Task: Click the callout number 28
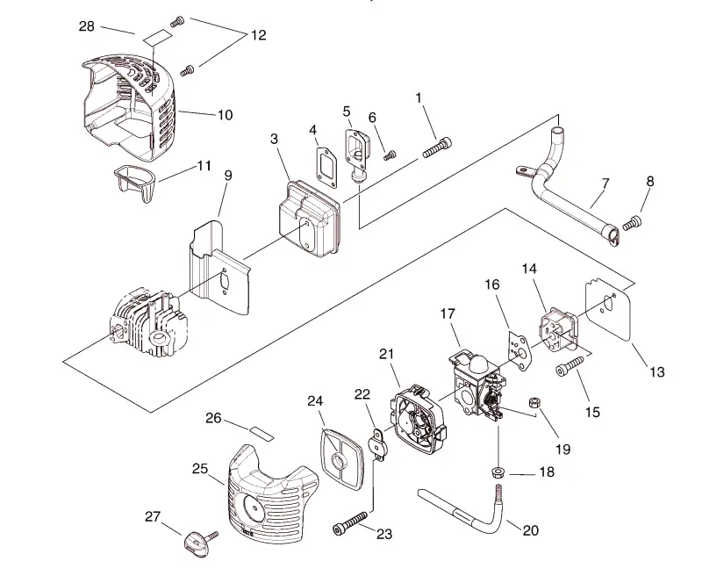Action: coord(86,26)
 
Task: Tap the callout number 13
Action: coord(657,371)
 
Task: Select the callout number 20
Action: coord(531,530)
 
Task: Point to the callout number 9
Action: coord(228,176)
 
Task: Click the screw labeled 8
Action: coord(633,222)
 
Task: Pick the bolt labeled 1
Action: coord(437,148)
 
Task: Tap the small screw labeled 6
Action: coord(390,155)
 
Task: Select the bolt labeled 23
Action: coord(350,523)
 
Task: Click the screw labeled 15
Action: coord(569,365)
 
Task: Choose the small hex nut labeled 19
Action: coord(534,402)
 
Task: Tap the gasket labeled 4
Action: coord(326,165)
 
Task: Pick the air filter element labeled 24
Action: coord(343,457)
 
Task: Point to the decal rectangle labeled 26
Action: coord(261,434)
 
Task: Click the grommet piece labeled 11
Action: coord(134,183)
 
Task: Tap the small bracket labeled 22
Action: coord(377,443)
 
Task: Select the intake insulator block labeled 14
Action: coord(557,331)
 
